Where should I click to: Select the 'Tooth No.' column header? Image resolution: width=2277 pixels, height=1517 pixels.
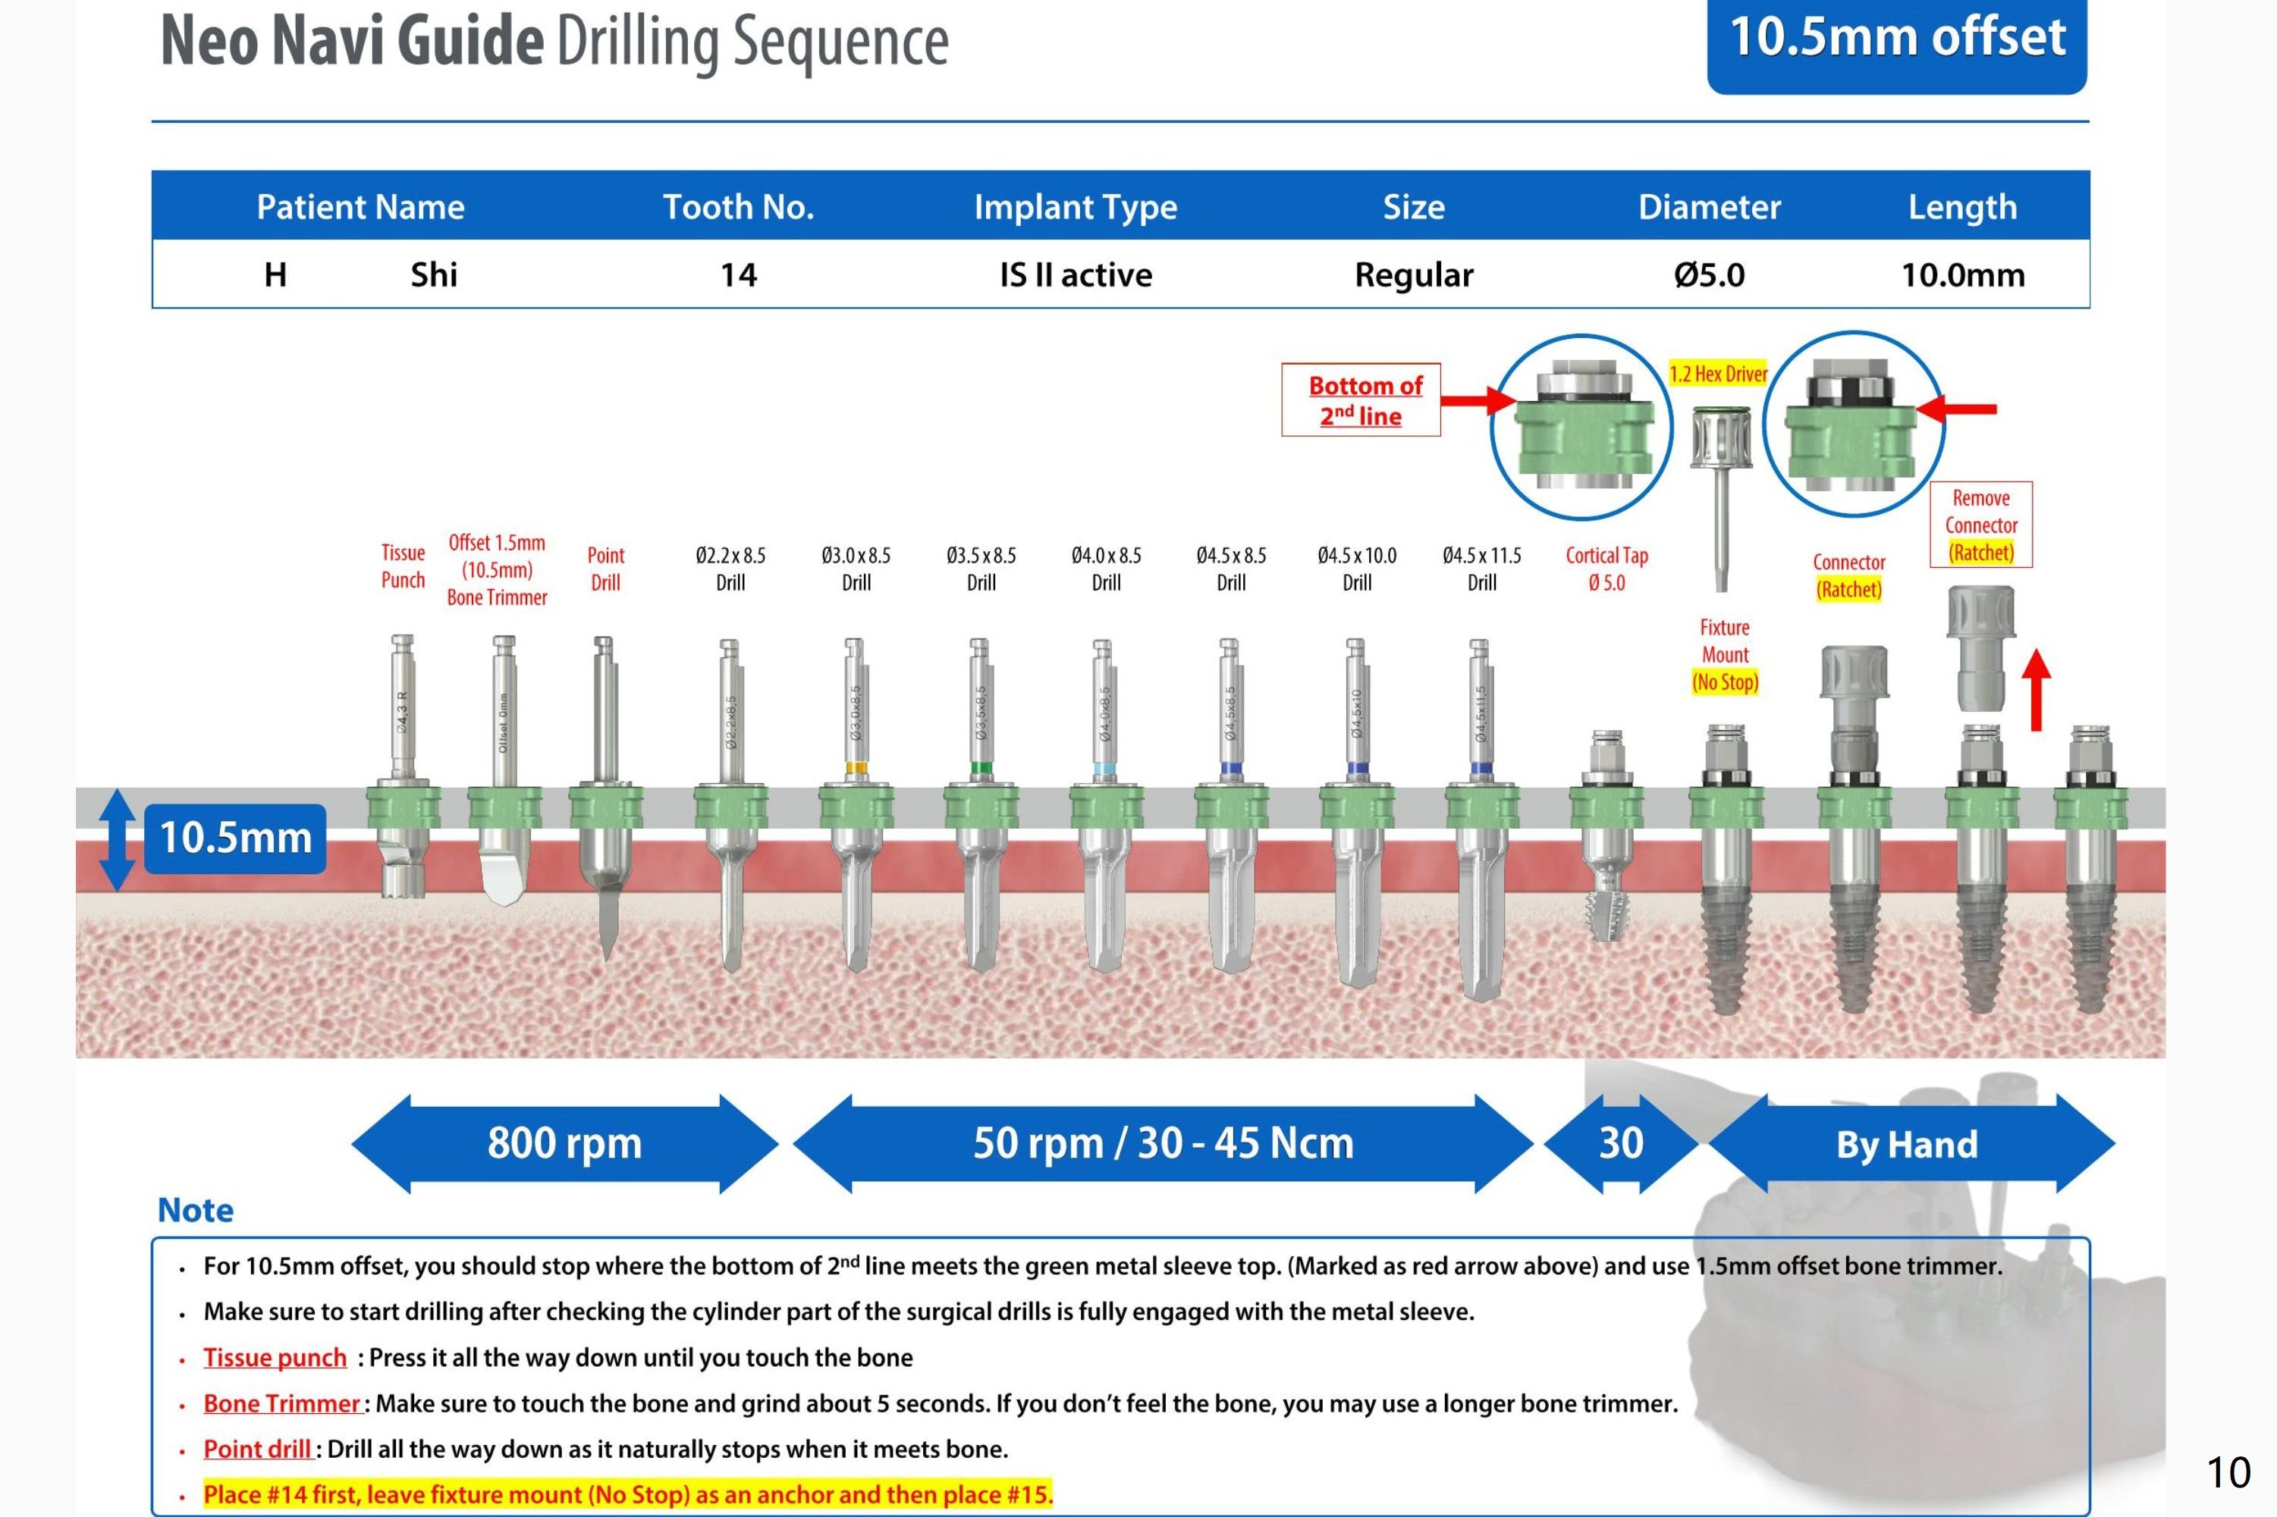click(738, 206)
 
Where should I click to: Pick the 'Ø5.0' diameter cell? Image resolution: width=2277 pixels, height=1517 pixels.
click(1709, 274)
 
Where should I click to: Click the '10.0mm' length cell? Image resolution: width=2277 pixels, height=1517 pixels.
click(1962, 274)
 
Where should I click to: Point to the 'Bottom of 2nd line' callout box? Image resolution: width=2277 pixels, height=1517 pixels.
click(1361, 400)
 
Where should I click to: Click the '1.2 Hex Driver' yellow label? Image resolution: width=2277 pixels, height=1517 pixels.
click(1718, 374)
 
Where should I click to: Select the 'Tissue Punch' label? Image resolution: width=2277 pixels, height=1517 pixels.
click(403, 566)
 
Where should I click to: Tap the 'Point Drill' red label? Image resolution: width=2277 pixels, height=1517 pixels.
click(606, 569)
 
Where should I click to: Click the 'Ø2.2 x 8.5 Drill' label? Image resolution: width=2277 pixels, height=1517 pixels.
click(730, 569)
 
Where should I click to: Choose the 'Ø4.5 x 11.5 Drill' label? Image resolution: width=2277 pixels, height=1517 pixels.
click(1481, 569)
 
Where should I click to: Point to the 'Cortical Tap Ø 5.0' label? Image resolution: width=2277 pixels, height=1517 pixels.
click(1606, 569)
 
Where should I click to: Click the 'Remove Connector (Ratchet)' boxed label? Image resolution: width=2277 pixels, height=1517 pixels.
click(1981, 525)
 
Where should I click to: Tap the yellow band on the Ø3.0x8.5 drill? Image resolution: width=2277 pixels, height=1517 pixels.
click(856, 768)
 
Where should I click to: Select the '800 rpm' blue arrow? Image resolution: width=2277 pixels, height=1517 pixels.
click(564, 1143)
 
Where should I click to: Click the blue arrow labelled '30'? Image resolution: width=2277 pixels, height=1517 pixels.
click(1620, 1143)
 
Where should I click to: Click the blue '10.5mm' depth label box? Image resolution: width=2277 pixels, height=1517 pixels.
click(235, 838)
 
